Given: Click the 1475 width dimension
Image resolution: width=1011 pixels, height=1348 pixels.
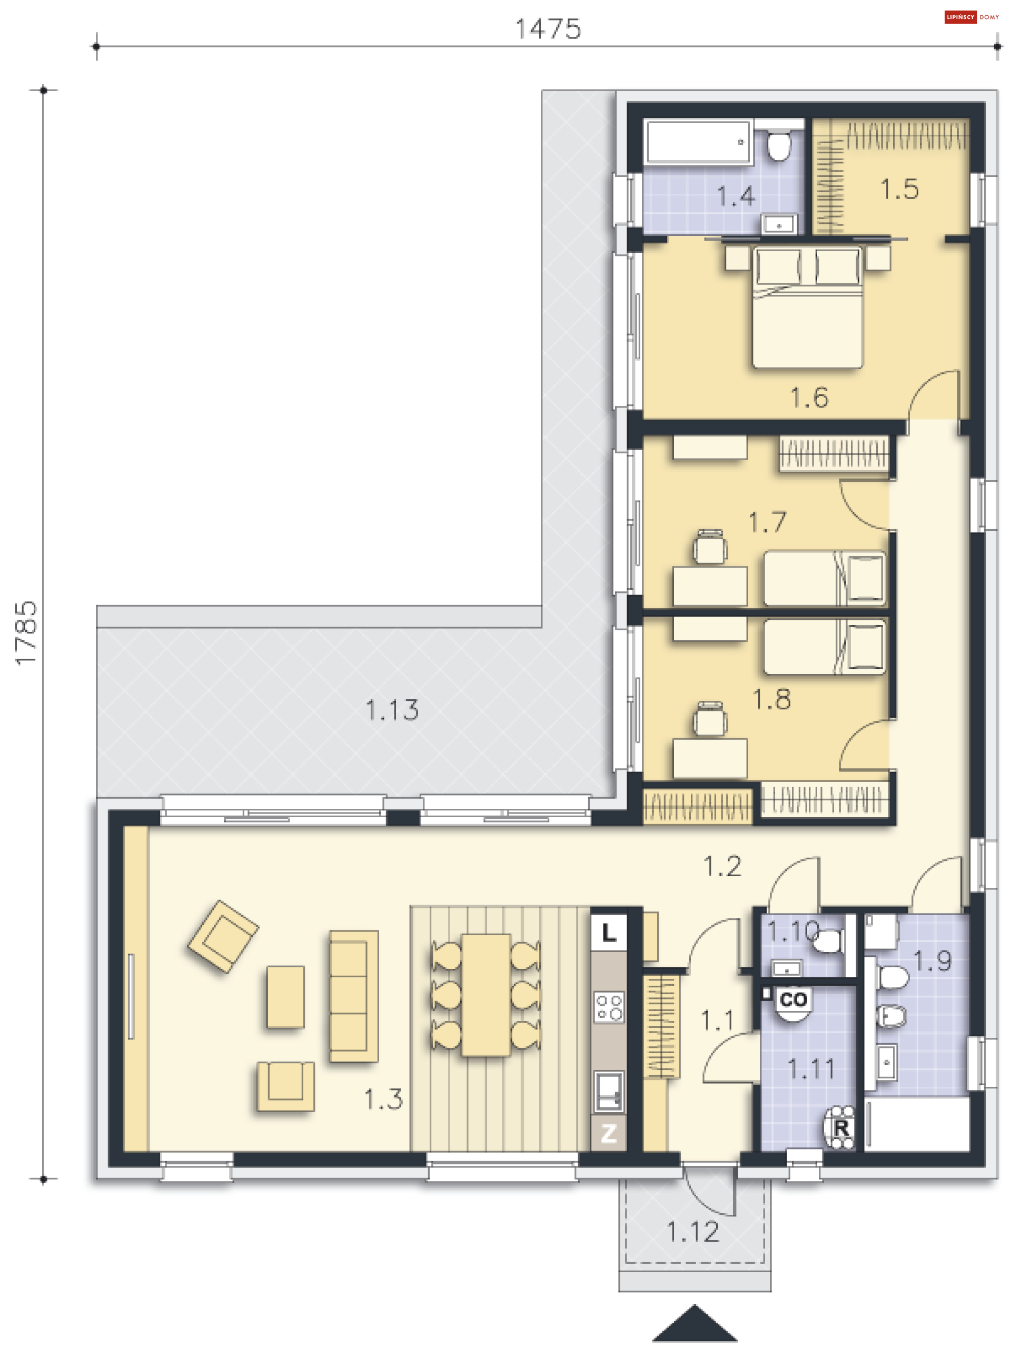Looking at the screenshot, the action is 548,28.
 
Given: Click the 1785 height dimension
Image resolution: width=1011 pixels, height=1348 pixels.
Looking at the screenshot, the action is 26,632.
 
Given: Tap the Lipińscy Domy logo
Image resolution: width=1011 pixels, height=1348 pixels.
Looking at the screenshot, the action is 972,17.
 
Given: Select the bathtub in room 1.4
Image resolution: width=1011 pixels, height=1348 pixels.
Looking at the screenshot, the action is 698,142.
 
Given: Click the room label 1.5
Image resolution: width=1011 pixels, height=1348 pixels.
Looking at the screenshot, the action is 899,189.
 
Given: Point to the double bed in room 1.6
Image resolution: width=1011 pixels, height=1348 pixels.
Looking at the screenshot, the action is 807,306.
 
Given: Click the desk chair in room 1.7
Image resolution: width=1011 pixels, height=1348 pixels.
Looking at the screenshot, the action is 709,547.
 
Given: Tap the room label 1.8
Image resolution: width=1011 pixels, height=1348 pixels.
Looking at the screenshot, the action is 771,699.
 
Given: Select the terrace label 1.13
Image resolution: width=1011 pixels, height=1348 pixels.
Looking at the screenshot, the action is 392,710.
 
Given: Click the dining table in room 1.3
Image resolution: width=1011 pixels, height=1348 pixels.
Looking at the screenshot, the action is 485,995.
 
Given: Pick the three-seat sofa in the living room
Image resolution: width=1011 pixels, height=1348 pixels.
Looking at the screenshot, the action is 353,996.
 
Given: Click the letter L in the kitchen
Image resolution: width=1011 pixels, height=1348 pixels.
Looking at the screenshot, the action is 608,933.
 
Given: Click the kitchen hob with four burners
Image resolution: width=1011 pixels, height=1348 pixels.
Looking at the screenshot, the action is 609,1007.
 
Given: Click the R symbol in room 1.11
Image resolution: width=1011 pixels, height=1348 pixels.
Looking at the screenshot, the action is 841,1127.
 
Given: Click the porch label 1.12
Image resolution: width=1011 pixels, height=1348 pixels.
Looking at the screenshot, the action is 693,1232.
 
